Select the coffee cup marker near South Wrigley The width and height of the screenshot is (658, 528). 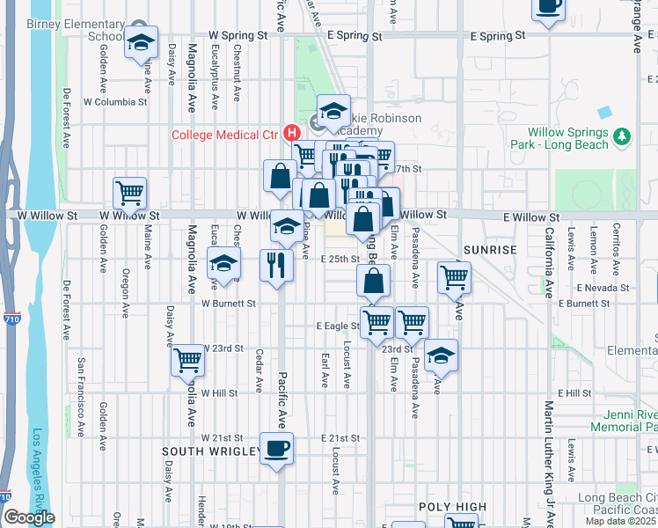(x=276, y=449)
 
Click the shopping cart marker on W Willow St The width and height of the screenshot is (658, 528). (x=129, y=194)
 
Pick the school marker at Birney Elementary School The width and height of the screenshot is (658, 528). (x=140, y=43)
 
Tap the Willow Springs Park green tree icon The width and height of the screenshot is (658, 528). (x=623, y=136)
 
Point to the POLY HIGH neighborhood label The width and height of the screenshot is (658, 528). (x=452, y=507)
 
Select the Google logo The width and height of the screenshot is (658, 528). (x=29, y=517)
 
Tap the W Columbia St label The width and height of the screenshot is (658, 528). (x=115, y=102)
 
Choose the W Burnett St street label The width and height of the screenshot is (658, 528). (x=228, y=304)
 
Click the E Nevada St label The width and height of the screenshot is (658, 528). (x=603, y=288)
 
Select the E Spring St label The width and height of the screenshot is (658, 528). (x=498, y=36)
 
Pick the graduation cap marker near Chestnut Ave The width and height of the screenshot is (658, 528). (x=223, y=263)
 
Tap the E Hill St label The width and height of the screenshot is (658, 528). (x=574, y=392)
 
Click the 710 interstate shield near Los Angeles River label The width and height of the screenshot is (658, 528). (x=10, y=318)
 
